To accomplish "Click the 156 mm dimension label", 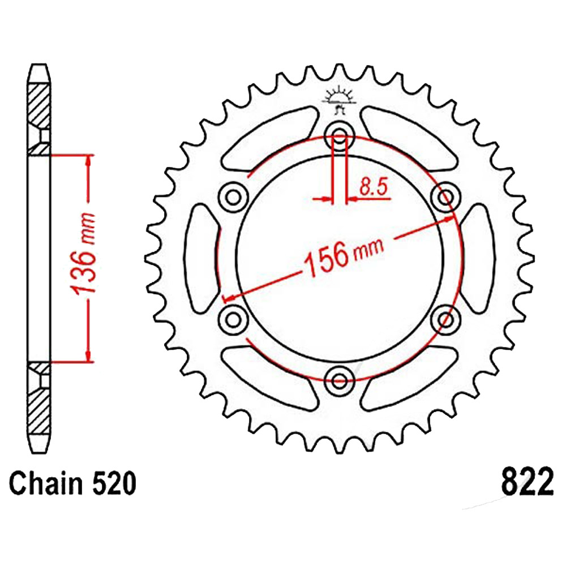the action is pyautogui.click(x=344, y=255).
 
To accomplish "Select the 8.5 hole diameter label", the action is pyautogui.click(x=373, y=187).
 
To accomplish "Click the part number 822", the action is pyautogui.click(x=526, y=482).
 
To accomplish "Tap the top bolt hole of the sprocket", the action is pyautogui.click(x=339, y=136).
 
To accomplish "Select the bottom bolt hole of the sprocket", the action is pyautogui.click(x=339, y=380).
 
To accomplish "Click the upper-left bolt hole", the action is pyautogui.click(x=234, y=198).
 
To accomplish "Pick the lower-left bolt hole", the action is pyautogui.click(x=234, y=319).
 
